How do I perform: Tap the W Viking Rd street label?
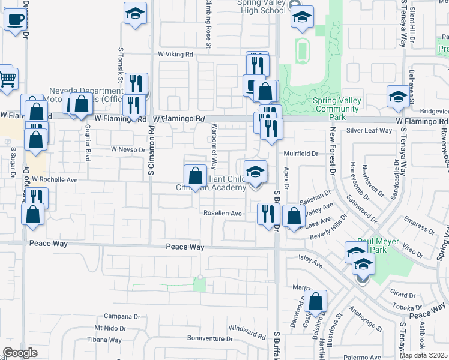(175, 54)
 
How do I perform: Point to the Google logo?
(20, 353)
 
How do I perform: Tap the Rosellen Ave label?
(222, 213)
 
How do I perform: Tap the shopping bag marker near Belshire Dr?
(316, 302)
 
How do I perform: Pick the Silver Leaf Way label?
(369, 130)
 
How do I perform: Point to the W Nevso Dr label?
(128, 149)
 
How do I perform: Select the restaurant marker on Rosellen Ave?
(268, 214)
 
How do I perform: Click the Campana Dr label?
(121, 316)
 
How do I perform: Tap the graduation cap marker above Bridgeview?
(398, 97)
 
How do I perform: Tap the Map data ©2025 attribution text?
(423, 355)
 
